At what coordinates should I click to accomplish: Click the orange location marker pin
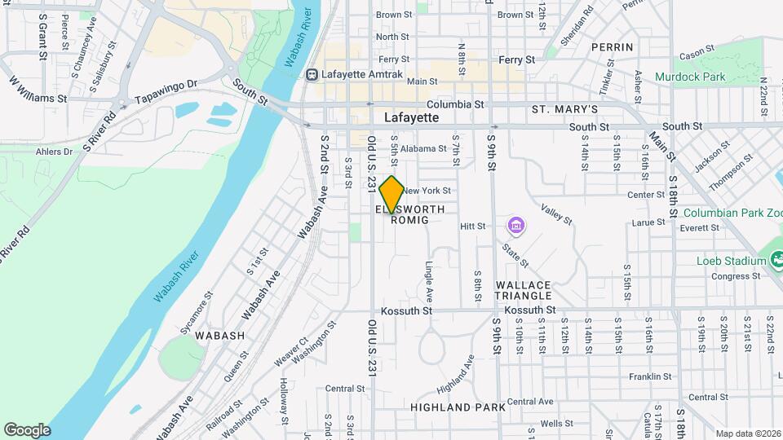(x=391, y=194)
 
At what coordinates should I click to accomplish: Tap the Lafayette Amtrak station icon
(x=312, y=74)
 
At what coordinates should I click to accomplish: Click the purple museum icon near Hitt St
(x=515, y=225)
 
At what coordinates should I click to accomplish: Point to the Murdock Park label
(x=690, y=77)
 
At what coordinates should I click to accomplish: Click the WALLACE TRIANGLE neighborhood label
(x=524, y=291)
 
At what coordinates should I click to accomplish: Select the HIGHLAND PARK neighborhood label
(x=458, y=407)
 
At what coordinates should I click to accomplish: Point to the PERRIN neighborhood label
(x=613, y=47)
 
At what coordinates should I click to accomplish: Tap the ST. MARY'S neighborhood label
(x=564, y=109)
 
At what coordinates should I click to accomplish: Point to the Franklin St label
(x=650, y=376)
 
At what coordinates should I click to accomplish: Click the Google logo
(x=27, y=429)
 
